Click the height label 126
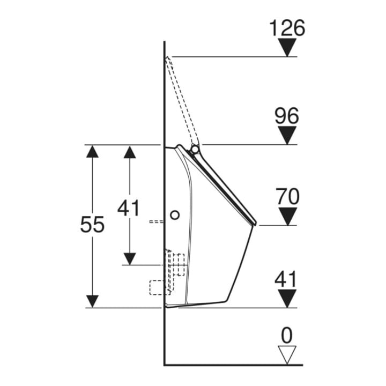point(287,28)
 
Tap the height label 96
point(287,116)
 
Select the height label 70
point(287,196)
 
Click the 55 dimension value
point(92,224)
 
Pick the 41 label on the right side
point(286,279)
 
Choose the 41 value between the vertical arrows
point(128,208)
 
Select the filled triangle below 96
point(287,136)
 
